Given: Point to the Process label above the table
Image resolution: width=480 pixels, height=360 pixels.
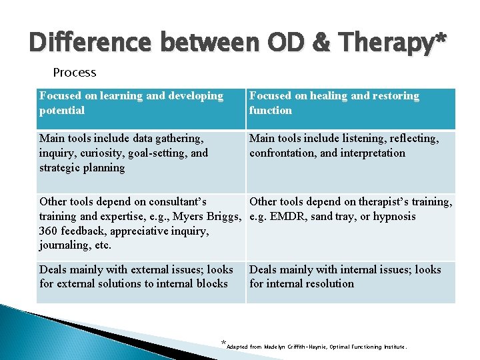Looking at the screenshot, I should [x=75, y=72].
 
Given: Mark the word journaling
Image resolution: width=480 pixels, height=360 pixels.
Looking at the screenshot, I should [x=65, y=245].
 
